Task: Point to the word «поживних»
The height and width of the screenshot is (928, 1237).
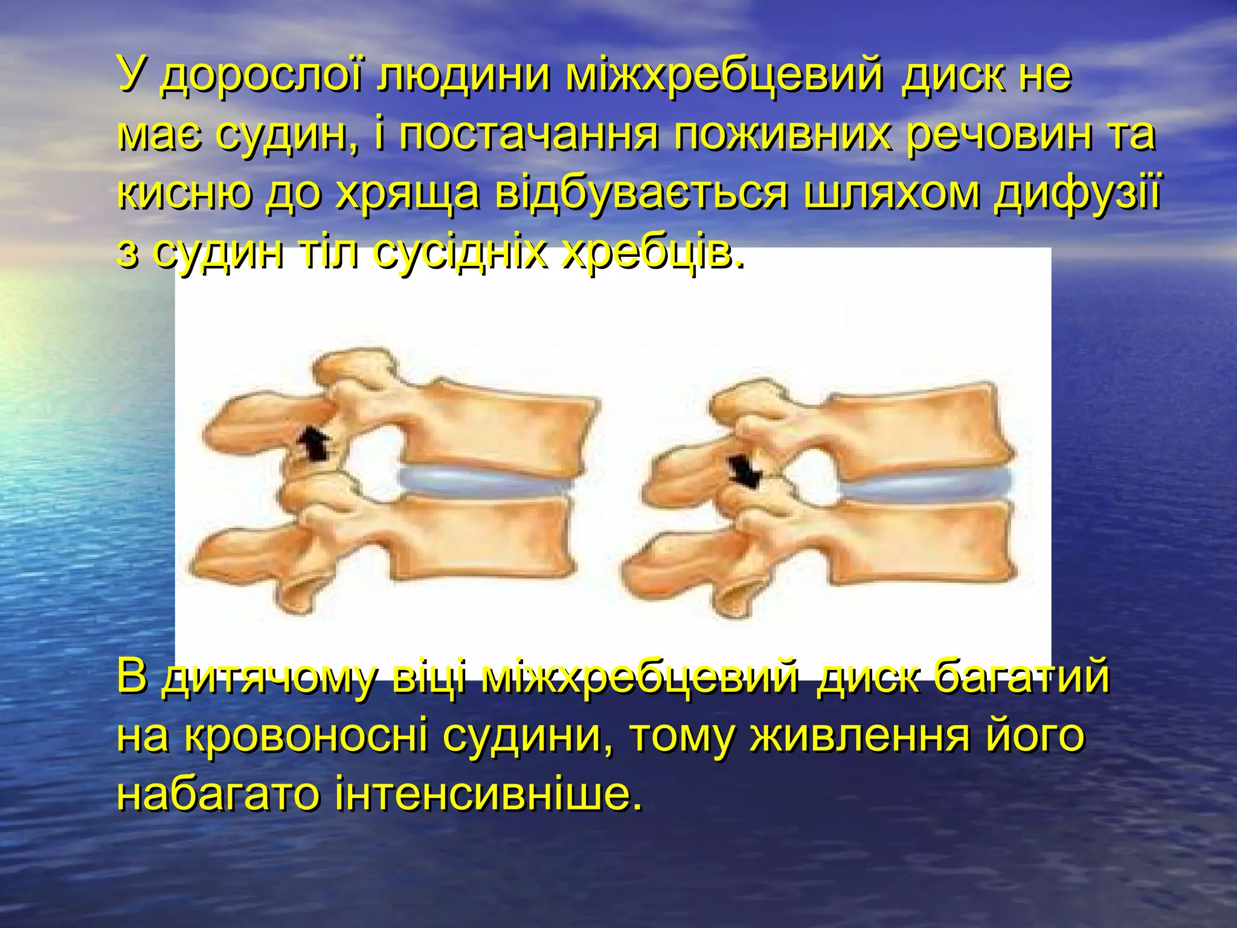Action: [x=782, y=135]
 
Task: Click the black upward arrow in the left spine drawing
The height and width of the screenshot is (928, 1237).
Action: [x=314, y=445]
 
